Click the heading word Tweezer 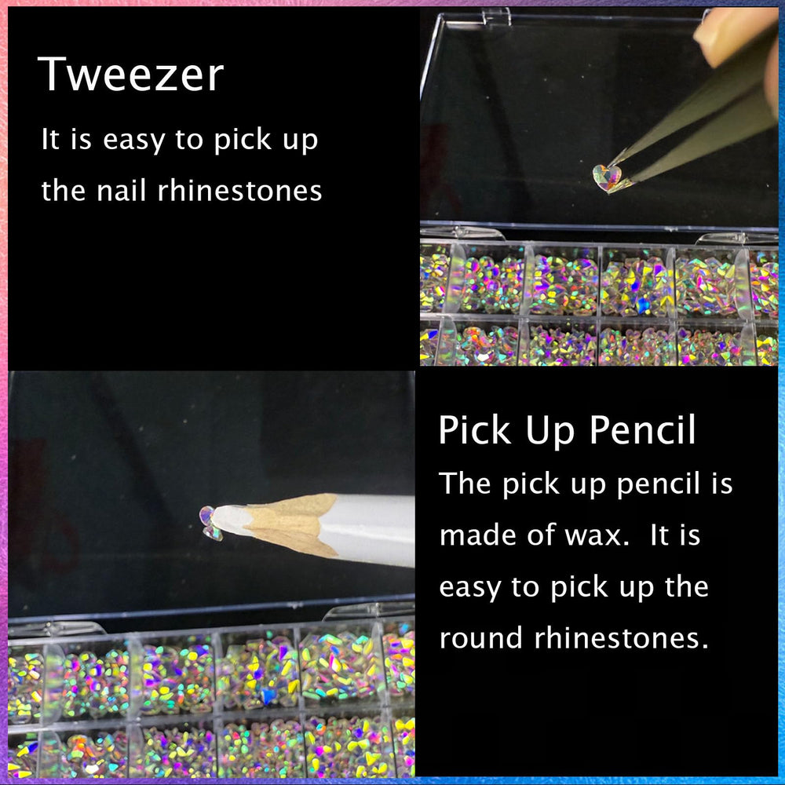tap(130, 75)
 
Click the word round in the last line tap(480, 637)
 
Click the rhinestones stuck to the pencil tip tap(210, 523)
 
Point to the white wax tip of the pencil tap(233, 520)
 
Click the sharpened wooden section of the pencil tap(290, 524)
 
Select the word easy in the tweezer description tap(133, 141)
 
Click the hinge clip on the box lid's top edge tap(496, 16)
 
